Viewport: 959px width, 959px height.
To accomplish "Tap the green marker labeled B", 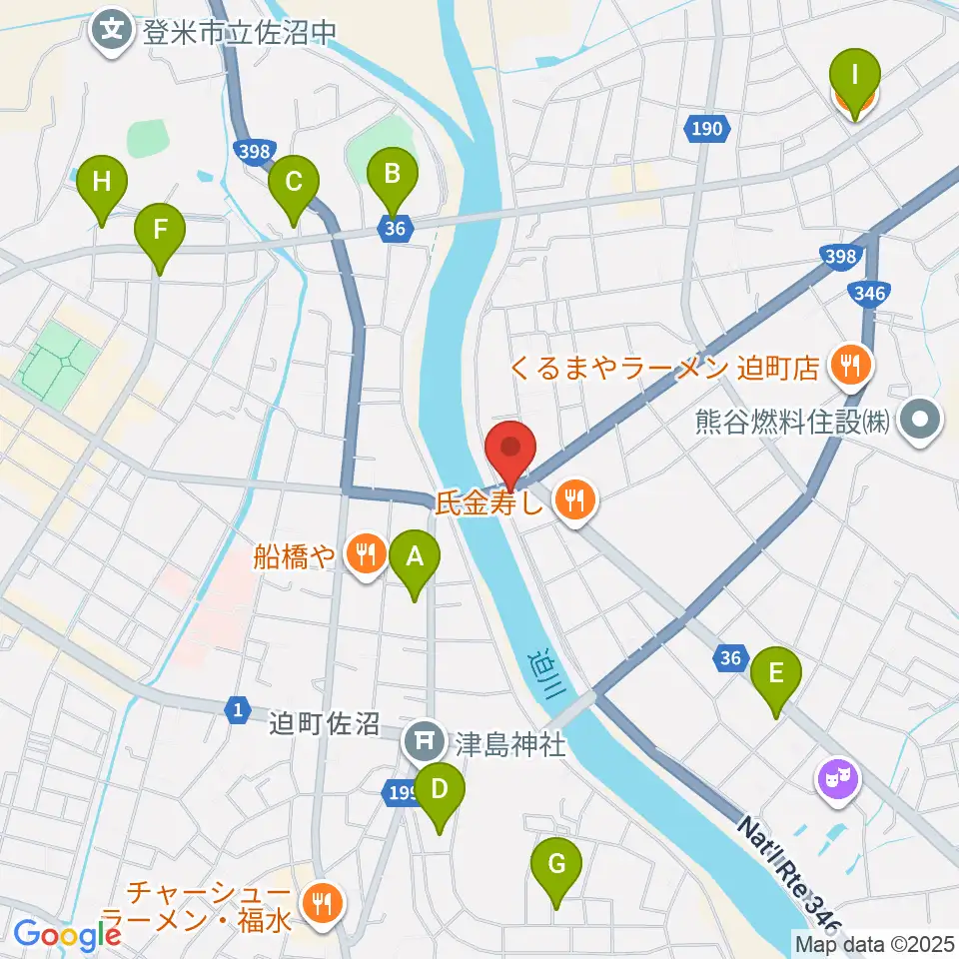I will pos(393,179).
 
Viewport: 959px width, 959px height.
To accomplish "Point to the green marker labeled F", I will pos(160,235).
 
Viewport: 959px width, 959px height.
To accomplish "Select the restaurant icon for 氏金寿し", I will pos(573,497).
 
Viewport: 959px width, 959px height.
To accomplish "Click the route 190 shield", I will pos(706,128).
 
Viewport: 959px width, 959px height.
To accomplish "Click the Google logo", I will pos(67,934).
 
